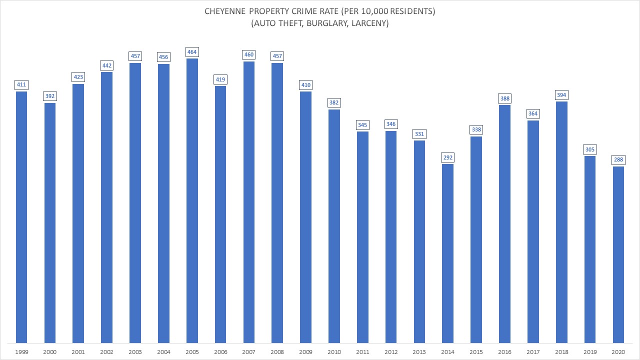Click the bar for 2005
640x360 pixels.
click(192, 200)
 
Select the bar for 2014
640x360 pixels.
click(447, 252)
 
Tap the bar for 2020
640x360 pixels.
click(618, 254)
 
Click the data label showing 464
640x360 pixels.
click(192, 52)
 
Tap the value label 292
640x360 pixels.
click(447, 157)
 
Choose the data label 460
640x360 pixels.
click(249, 54)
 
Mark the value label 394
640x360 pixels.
click(561, 95)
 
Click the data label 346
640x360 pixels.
click(391, 124)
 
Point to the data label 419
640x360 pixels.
click(220, 79)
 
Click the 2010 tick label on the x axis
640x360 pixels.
click(334, 352)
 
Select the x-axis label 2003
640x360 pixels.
click(135, 352)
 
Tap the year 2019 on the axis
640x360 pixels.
click(590, 352)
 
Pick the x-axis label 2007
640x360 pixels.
click(249, 352)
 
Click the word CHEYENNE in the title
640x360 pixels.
click(226, 12)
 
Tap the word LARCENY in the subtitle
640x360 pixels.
click(368, 23)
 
